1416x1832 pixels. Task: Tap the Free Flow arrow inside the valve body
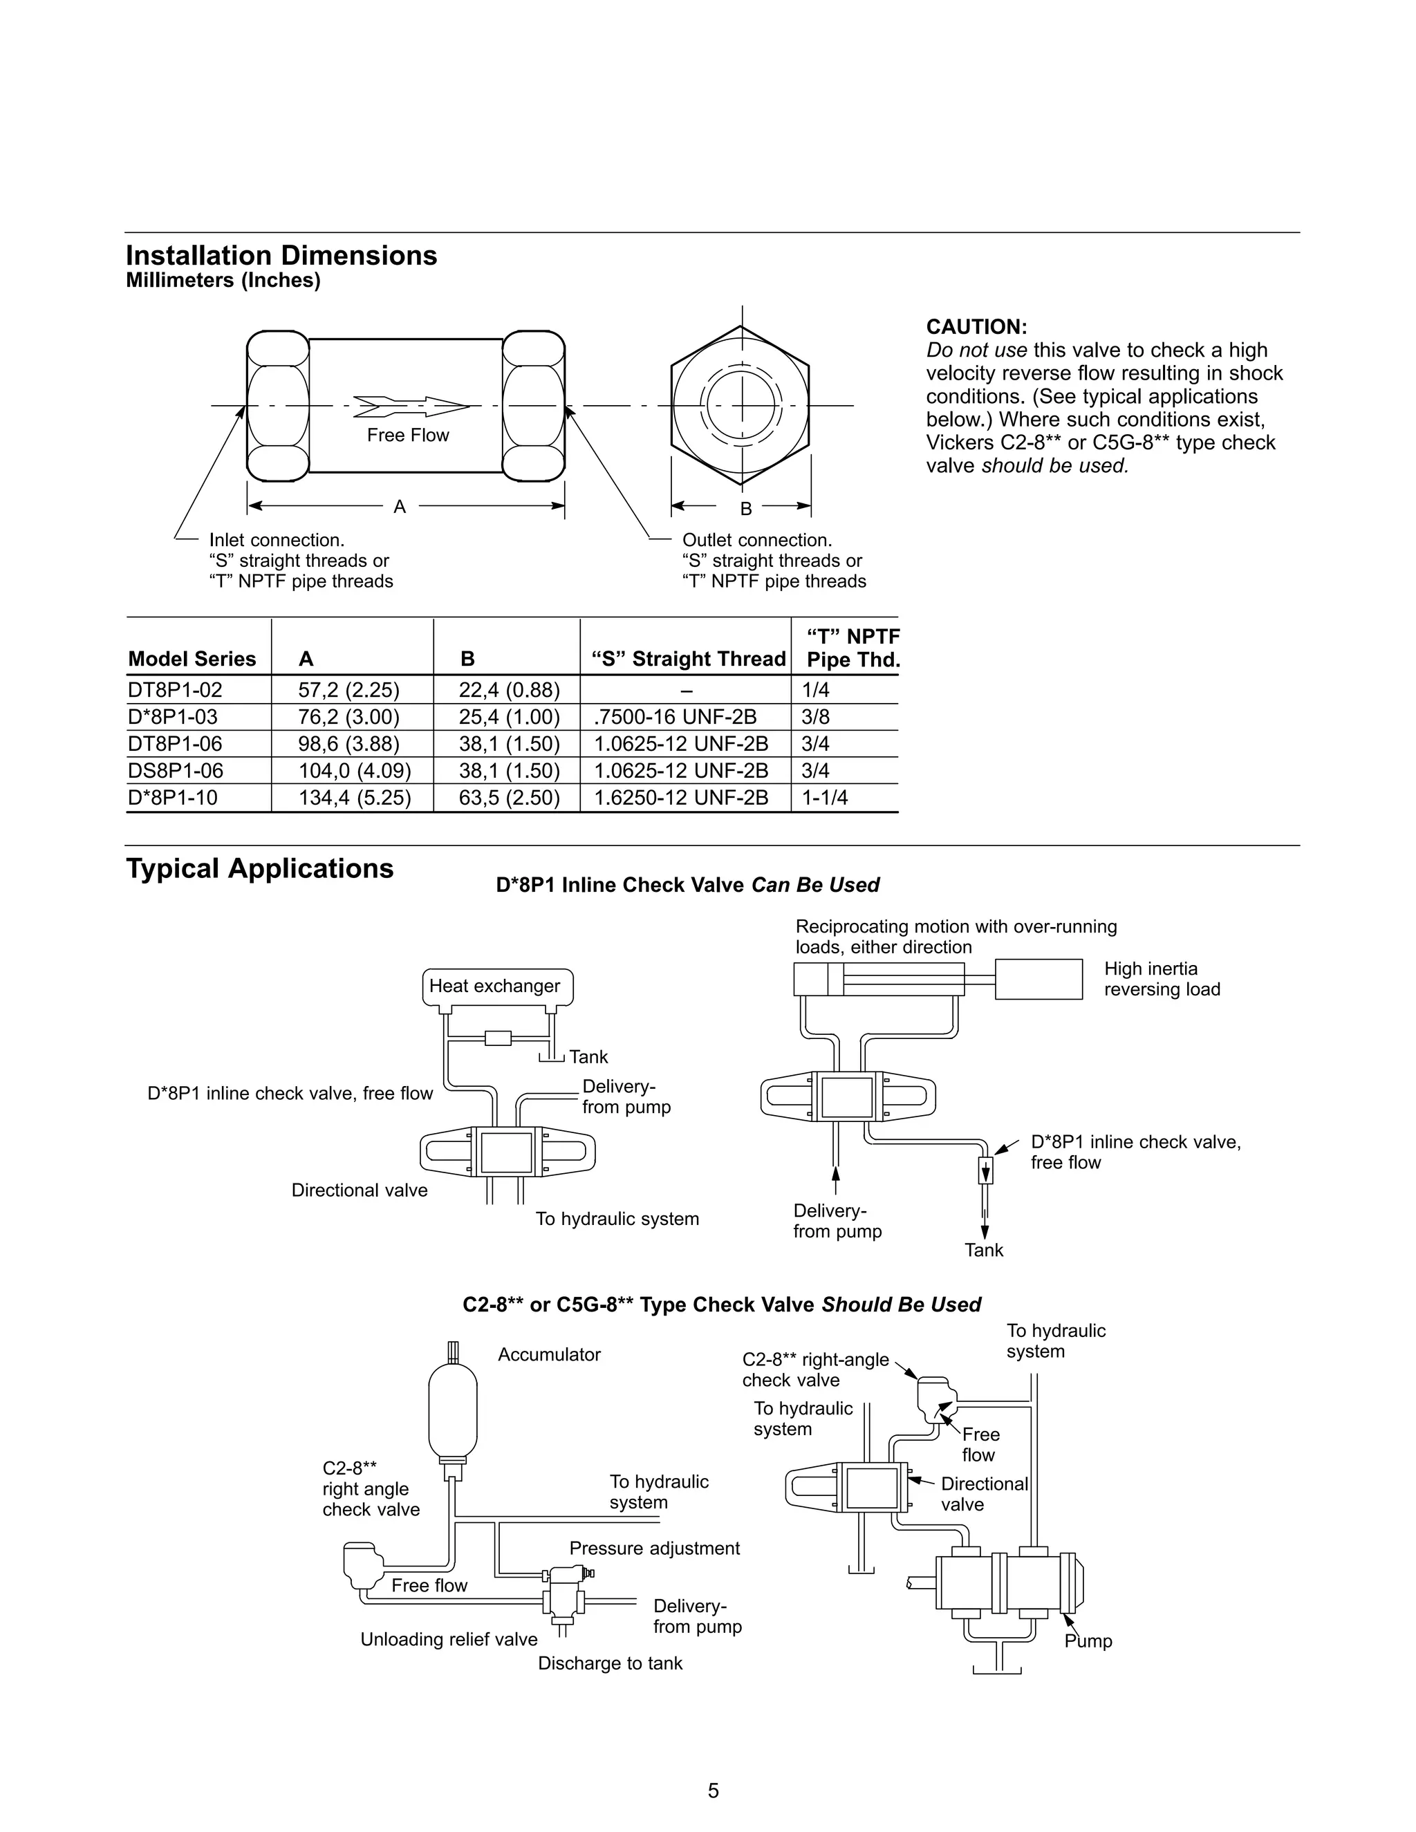coord(410,406)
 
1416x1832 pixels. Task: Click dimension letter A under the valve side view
coord(400,507)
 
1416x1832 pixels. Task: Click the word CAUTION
coord(976,327)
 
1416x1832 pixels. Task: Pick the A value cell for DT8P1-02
coord(349,691)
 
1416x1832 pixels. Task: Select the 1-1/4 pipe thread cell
coord(825,798)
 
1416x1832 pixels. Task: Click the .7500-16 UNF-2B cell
coord(676,717)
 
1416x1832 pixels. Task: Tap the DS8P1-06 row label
coord(176,771)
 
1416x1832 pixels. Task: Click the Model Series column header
coord(192,660)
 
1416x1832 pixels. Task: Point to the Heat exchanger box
coord(496,987)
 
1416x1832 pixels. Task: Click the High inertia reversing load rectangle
coord(1038,979)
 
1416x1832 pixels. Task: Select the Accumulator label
coord(550,1355)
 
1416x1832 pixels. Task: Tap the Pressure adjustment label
coord(654,1549)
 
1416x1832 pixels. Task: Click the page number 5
coord(713,1791)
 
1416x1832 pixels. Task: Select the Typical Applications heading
coord(259,868)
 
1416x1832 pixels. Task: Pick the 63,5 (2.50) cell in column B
coord(508,798)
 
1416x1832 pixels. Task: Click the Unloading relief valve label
coord(449,1639)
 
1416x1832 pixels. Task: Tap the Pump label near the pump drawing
coord(1088,1642)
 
